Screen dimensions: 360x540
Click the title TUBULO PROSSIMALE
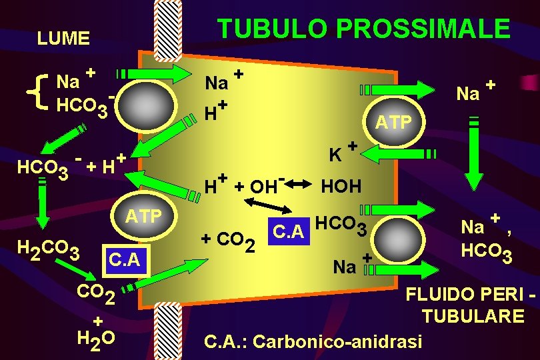point(364,29)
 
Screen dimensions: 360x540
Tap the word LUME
point(63,39)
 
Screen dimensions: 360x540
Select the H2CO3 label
point(49,251)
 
